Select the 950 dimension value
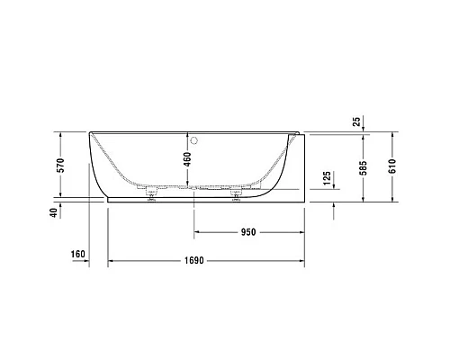[248, 232]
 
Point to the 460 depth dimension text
[187, 162]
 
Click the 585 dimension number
[364, 166]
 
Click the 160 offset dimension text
[78, 255]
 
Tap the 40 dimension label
[54, 212]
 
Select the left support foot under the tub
[150, 193]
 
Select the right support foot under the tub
[238, 193]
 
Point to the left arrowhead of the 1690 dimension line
[112, 262]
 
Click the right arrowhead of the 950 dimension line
[305, 233]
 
